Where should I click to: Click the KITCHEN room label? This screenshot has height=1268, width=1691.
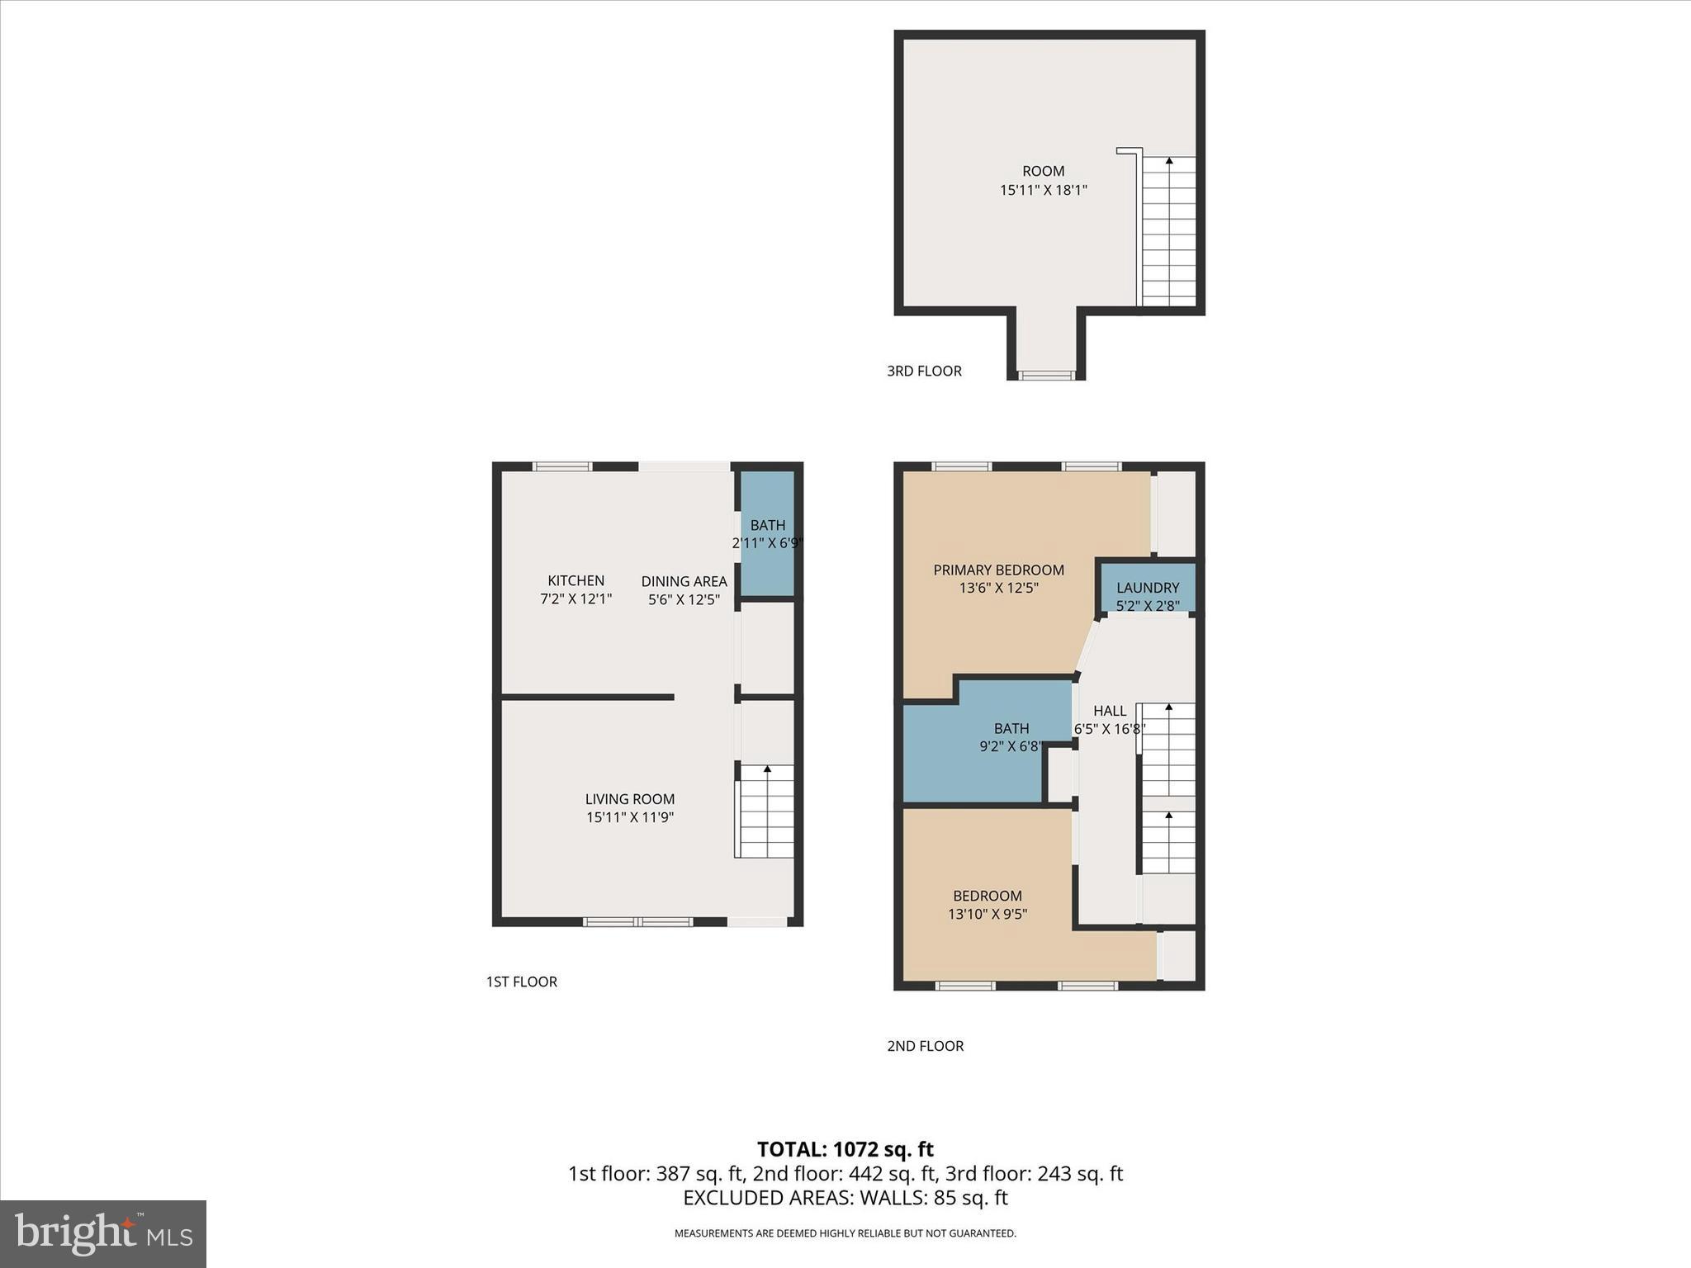(x=576, y=580)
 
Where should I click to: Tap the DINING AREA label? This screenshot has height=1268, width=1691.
(x=684, y=581)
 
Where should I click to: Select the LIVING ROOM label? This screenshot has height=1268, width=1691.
(x=630, y=799)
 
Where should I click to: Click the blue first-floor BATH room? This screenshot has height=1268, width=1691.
(x=767, y=533)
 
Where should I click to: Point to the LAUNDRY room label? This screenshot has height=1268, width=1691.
(x=1148, y=588)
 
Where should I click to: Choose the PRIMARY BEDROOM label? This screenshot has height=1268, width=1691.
(x=998, y=570)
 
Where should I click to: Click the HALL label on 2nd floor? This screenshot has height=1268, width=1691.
(x=1109, y=711)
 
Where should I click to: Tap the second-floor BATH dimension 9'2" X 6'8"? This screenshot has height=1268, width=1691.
(x=1011, y=746)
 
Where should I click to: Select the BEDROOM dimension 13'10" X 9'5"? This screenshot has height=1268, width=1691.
(x=988, y=914)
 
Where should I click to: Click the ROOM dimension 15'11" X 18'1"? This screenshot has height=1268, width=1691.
(x=1043, y=190)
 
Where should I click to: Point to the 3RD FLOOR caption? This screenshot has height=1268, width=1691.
(x=924, y=371)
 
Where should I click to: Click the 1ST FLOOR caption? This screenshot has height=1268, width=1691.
(x=521, y=982)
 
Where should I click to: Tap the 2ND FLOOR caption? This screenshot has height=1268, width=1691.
(x=925, y=1046)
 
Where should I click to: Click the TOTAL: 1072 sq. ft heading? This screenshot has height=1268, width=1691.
(x=845, y=1149)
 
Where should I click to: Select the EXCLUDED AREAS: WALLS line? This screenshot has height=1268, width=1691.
(x=845, y=1198)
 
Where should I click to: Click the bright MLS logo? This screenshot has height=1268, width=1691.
(x=103, y=1233)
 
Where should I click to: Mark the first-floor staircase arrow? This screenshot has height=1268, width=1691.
(x=767, y=770)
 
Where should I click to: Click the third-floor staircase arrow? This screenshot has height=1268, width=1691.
(x=1168, y=162)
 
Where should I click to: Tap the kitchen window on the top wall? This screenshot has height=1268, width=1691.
(x=562, y=466)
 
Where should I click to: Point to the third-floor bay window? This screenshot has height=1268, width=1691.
(x=1045, y=376)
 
